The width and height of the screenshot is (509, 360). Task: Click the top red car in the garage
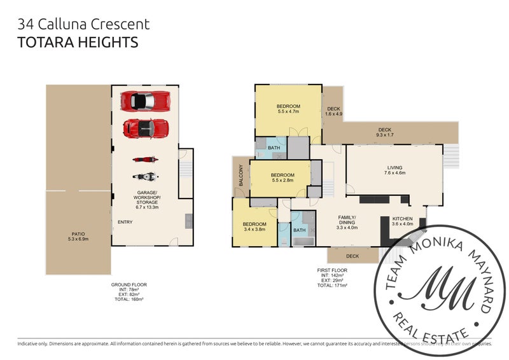point(146,101)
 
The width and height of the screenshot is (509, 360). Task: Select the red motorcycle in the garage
point(144,160)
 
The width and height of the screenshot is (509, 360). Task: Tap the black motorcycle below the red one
point(144,176)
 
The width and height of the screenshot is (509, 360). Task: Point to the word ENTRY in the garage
point(125,222)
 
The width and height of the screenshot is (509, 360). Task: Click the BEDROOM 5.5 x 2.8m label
point(282,179)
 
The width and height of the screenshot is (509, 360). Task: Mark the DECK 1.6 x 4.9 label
point(334,112)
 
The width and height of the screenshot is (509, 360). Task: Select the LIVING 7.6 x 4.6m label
point(394,171)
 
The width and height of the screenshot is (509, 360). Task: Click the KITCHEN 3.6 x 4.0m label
point(402,221)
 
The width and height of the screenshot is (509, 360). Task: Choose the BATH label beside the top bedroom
point(274,148)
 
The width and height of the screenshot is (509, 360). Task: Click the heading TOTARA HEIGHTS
point(78,43)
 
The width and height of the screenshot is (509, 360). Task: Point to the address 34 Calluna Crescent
point(84,25)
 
